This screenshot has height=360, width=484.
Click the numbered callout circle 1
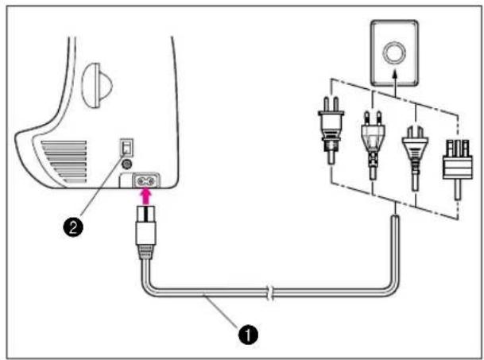pyautogui.click(x=248, y=335)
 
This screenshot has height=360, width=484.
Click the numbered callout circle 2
pyautogui.click(x=73, y=227)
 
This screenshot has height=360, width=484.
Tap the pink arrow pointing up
pyautogui.click(x=146, y=196)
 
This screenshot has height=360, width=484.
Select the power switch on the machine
pyautogui.click(x=127, y=147)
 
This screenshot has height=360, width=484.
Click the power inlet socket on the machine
pyautogui.click(x=145, y=180)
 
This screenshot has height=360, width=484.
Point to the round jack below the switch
pyautogui.click(x=126, y=164)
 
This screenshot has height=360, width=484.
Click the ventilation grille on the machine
pyautogui.click(x=64, y=162)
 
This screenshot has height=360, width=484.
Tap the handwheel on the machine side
pyautogui.click(x=97, y=86)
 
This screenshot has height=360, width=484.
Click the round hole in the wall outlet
pyautogui.click(x=394, y=52)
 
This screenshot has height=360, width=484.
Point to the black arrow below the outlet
pyautogui.click(x=395, y=83)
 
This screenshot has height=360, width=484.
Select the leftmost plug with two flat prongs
pyautogui.click(x=331, y=130)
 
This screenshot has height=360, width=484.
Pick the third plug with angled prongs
pyautogui.click(x=415, y=157)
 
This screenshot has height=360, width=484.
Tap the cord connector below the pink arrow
pyautogui.click(x=145, y=225)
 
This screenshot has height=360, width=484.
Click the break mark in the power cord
pyautogui.click(x=270, y=293)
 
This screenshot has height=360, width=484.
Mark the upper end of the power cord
pyautogui.click(x=395, y=217)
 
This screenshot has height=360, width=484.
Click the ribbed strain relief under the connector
pyautogui.click(x=145, y=252)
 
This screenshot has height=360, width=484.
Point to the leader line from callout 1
pyautogui.click(x=220, y=311)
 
